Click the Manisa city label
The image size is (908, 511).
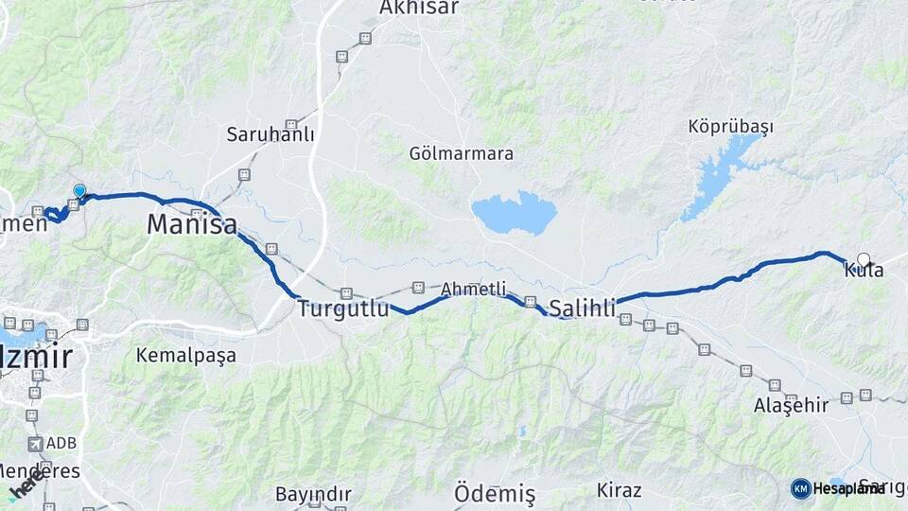[191, 225]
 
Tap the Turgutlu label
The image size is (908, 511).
[343, 308]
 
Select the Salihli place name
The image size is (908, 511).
[583, 308]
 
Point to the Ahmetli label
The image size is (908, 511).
[473, 290]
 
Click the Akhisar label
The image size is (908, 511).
[418, 8]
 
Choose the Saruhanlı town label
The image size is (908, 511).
[270, 134]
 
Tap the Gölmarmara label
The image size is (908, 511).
[462, 153]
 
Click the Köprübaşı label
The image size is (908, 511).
[731, 127]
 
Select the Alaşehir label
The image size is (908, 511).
[791, 406]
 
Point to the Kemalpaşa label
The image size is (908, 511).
[185, 356]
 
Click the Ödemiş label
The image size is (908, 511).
[495, 493]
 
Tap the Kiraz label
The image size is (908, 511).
[620, 490]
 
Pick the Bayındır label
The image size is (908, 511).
[313, 494]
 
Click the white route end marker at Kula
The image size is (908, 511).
[864, 258]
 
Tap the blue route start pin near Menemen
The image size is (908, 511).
[79, 191]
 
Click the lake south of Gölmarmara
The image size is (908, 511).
[514, 213]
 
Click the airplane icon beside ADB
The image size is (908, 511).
[36, 443]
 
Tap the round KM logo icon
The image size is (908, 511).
[800, 488]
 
